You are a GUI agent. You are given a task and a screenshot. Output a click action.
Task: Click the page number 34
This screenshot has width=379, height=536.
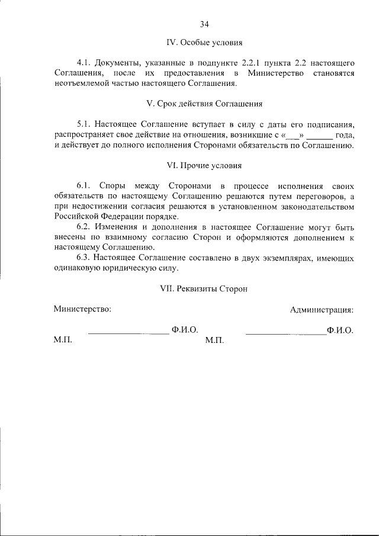coord(204,24)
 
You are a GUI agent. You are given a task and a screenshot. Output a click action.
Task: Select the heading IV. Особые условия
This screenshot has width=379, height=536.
coord(204,43)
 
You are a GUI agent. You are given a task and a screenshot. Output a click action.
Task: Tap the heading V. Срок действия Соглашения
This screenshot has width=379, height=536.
coord(204,104)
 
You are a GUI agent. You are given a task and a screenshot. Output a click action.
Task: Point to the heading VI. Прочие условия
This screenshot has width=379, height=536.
coord(204,165)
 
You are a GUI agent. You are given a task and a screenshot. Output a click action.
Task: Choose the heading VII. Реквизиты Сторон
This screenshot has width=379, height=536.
coord(204,289)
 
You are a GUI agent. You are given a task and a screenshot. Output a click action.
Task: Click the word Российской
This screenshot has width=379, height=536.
coord(76,217)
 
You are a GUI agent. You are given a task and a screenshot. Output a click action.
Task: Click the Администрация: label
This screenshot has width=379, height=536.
coord(322,309)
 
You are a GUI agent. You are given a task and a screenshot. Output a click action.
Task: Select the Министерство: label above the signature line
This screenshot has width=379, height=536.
coord(82,309)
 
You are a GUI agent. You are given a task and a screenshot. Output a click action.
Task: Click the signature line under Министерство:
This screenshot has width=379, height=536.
coord(129,333)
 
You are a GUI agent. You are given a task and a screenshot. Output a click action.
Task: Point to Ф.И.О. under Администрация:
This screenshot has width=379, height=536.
coord(340,330)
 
